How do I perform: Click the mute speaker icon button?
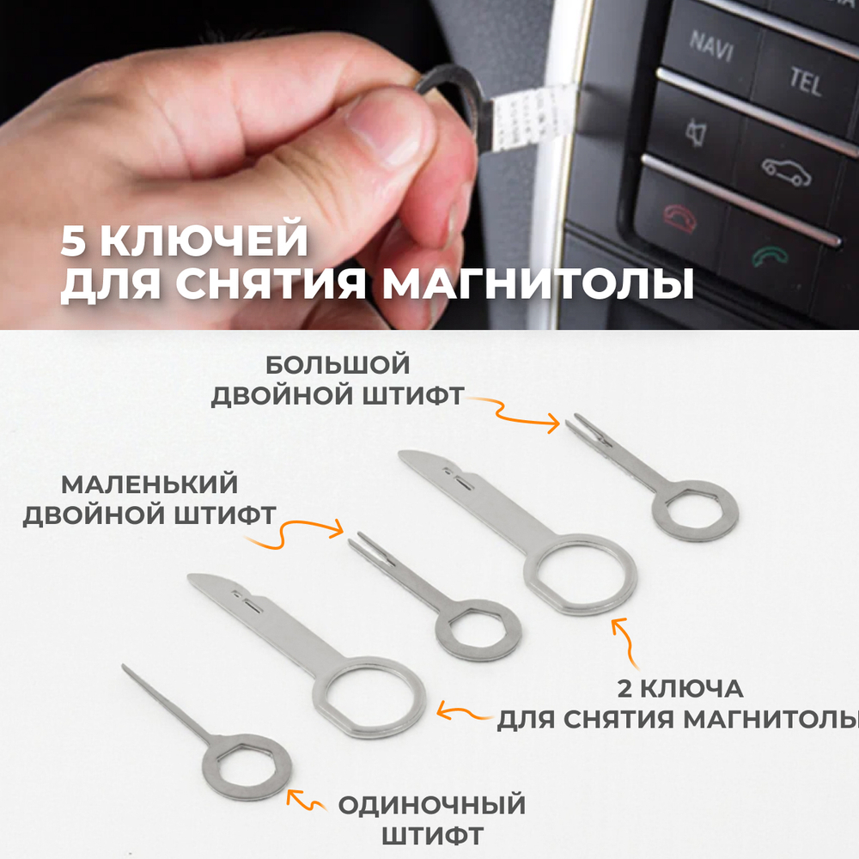click(x=694, y=131)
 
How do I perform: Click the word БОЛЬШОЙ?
click(x=338, y=365)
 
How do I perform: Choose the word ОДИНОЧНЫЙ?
click(x=431, y=806)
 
